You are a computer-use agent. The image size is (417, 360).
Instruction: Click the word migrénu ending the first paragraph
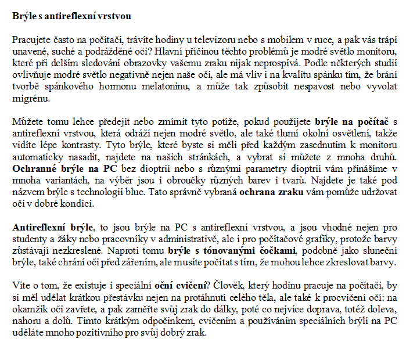29,98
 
